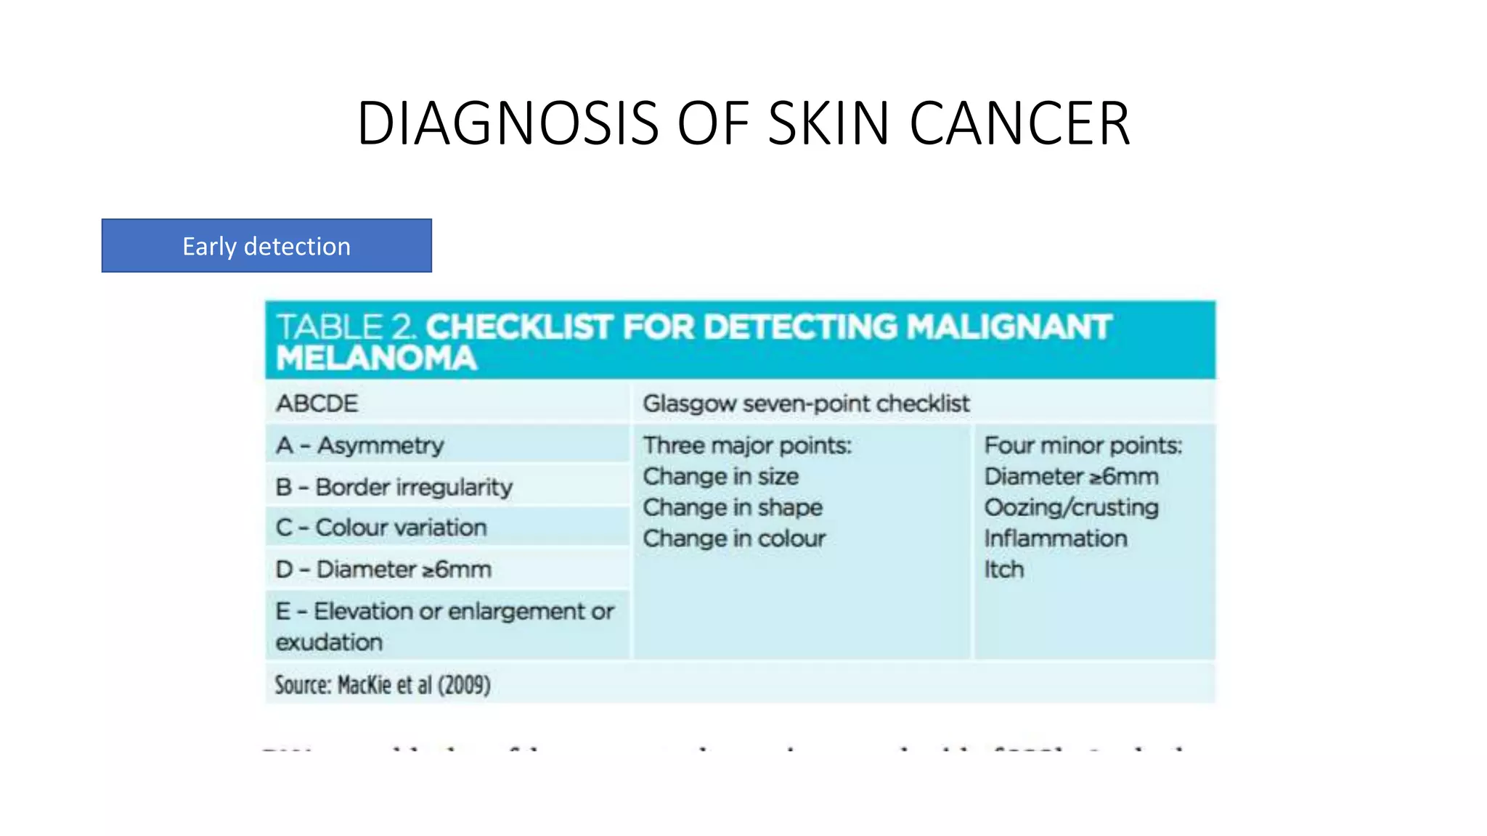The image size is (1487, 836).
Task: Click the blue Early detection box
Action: pos(266,246)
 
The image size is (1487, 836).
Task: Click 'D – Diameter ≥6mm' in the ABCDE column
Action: pos(383,570)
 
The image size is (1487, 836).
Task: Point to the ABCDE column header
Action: pos(317,403)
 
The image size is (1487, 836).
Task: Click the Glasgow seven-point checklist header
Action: pos(806,403)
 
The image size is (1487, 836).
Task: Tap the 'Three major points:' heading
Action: pos(747,445)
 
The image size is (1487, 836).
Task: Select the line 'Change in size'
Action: pos(720,477)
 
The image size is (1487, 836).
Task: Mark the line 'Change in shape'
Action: pos(733,508)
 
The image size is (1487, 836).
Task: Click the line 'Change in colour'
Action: pos(734,539)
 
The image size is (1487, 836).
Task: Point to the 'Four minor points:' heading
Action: pos(1083,445)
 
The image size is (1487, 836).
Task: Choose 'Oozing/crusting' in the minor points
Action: pos(1071,508)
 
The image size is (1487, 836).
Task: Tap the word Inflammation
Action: pos(1056,539)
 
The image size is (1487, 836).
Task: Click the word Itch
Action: pos(1003,570)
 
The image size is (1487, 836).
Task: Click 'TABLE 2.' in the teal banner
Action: pos(346,327)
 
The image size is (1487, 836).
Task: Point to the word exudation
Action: pos(329,642)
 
